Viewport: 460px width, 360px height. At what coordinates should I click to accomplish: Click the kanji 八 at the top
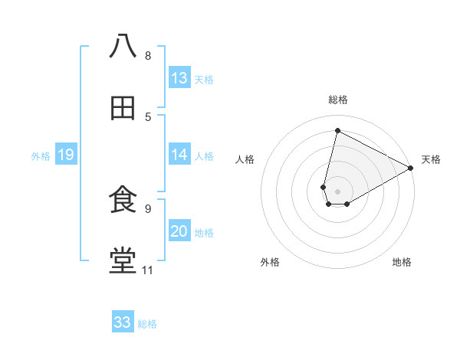pyautogui.click(x=123, y=46)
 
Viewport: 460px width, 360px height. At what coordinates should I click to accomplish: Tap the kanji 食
pyautogui.click(x=123, y=200)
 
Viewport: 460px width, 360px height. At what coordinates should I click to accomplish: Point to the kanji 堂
pyautogui.click(x=123, y=261)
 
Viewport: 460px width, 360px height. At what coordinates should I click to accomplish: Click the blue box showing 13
pyautogui.click(x=179, y=78)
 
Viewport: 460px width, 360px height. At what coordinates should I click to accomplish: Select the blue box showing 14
pyautogui.click(x=179, y=155)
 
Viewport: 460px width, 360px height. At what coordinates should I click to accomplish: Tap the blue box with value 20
pyautogui.click(x=179, y=232)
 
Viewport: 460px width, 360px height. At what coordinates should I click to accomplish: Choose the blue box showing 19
pyautogui.click(x=65, y=155)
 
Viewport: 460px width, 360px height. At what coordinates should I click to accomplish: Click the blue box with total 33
pyautogui.click(x=123, y=322)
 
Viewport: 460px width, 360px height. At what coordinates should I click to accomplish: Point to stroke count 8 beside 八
pyautogui.click(x=148, y=55)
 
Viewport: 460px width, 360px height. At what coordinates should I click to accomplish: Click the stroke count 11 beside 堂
pyautogui.click(x=148, y=270)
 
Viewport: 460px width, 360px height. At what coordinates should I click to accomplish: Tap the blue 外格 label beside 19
pyautogui.click(x=41, y=156)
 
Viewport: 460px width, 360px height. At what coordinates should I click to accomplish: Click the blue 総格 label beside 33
pyautogui.click(x=147, y=324)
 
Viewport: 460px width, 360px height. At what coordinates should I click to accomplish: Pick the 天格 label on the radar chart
pyautogui.click(x=431, y=159)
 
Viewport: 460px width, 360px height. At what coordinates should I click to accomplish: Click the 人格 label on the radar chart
pyautogui.click(x=245, y=159)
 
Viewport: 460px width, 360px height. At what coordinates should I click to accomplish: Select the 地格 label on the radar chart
pyautogui.click(x=402, y=262)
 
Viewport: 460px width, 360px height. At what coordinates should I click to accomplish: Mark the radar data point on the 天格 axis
pyautogui.click(x=411, y=168)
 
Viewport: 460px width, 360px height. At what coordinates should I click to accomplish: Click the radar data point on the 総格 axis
pyautogui.click(x=337, y=131)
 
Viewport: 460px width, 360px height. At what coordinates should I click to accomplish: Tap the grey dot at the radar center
pyautogui.click(x=337, y=191)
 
